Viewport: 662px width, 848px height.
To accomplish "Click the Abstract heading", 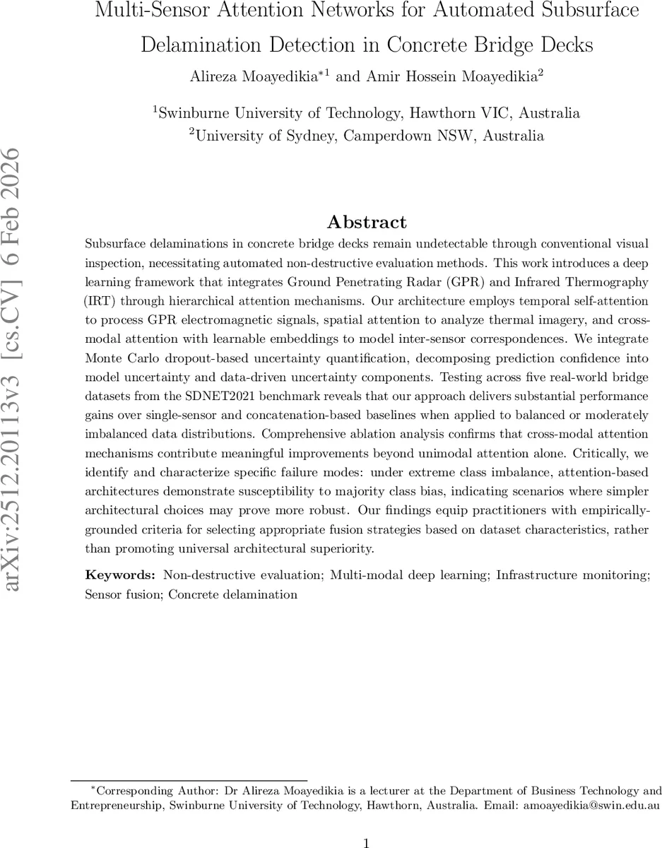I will pos(367,222).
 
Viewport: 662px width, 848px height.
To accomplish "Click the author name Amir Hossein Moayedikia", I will pos(452,76).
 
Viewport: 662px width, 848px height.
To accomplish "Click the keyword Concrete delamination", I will pos(233,594).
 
